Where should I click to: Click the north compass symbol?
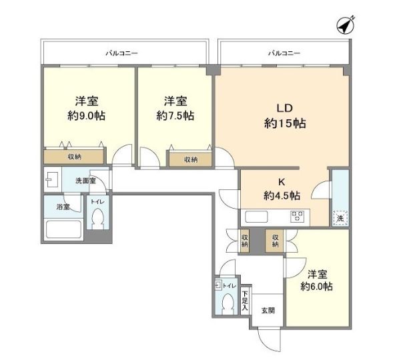pos(345,26)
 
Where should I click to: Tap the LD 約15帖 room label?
pos(285,115)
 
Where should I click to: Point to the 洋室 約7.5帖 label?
pos(175,109)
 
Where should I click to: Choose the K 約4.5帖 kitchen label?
pos(281,189)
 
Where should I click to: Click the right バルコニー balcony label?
pos(284,52)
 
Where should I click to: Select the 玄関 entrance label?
pos(268,310)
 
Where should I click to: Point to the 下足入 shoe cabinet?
pos(245,301)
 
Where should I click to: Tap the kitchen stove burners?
pos(296,216)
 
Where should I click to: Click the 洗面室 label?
pos(85,181)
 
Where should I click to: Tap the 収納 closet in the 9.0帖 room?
pos(74,157)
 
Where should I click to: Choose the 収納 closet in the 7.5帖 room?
pos(190,160)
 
